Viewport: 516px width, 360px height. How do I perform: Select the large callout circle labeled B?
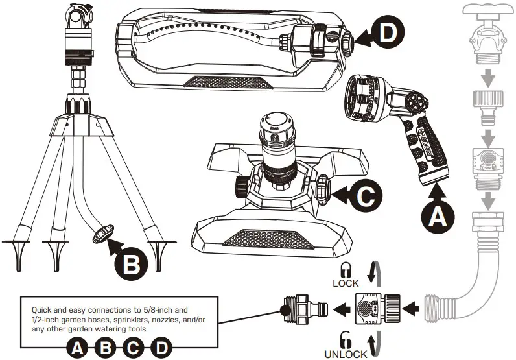point(132,263)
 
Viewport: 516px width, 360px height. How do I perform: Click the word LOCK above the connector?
point(345,284)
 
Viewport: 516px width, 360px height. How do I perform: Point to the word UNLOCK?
point(346,354)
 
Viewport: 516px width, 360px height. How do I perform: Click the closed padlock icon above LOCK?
point(345,270)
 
